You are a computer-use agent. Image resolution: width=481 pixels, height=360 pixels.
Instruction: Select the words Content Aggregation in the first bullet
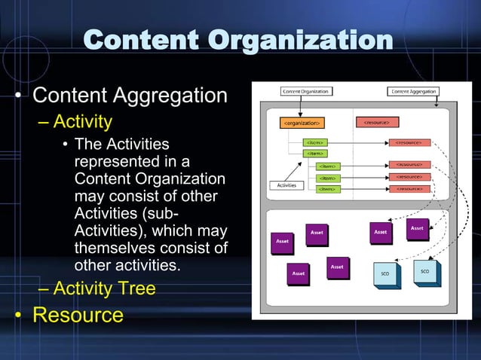point(130,96)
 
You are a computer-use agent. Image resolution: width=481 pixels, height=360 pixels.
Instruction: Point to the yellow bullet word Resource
point(77,313)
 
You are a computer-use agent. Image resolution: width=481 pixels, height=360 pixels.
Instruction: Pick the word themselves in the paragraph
point(114,248)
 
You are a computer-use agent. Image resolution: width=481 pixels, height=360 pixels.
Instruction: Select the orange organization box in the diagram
point(302,122)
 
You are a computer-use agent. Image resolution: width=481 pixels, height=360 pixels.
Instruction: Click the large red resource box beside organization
point(375,122)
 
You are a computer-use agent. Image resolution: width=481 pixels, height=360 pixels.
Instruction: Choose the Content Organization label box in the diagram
point(305,92)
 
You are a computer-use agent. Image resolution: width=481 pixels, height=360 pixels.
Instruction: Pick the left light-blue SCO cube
point(385,273)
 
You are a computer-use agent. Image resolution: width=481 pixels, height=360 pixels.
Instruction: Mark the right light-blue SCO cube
point(424,270)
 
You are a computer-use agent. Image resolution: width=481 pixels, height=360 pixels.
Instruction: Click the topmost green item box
point(314,142)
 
